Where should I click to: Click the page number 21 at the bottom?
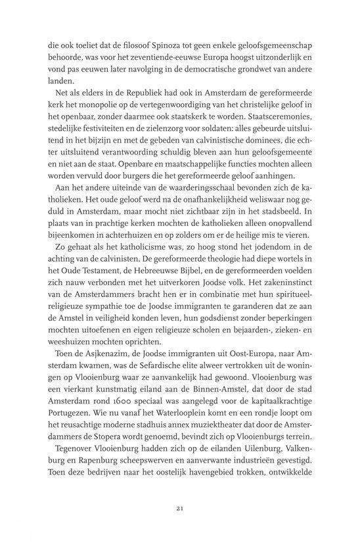pos(179,526)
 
